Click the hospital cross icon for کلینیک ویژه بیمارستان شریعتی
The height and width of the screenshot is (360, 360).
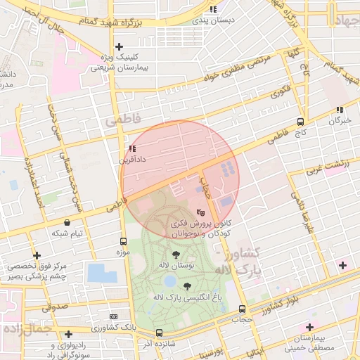[120, 46]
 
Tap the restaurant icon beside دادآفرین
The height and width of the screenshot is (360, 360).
[133, 148]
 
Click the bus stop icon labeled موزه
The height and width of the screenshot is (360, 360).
[124, 240]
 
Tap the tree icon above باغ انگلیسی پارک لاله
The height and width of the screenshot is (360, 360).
[187, 286]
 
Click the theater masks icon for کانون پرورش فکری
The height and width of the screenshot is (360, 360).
[200, 210]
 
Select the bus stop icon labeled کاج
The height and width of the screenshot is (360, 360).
[300, 120]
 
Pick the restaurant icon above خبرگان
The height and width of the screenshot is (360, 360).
[340, 109]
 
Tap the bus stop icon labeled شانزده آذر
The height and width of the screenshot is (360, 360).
[159, 333]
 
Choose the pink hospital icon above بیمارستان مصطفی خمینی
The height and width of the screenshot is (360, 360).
[309, 327]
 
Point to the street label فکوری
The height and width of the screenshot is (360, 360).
[279, 91]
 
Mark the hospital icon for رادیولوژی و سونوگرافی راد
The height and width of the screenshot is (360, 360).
[68, 335]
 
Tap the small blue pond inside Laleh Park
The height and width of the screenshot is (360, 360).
[169, 281]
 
